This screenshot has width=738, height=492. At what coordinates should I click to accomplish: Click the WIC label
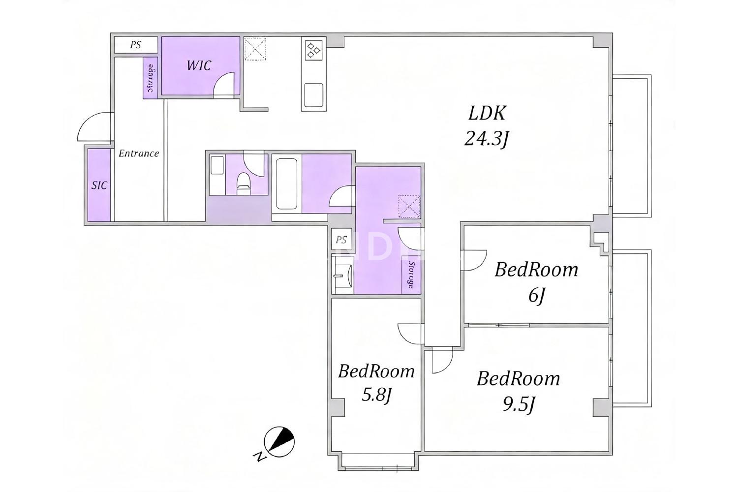tap(199, 65)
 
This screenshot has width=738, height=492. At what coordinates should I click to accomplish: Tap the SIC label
tap(99, 185)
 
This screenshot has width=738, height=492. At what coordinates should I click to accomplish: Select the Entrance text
tap(139, 153)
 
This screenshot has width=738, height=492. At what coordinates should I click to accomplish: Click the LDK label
tap(487, 113)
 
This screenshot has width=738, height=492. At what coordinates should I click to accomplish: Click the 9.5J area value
tap(518, 405)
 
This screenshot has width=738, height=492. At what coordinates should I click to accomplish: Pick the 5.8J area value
tap(376, 395)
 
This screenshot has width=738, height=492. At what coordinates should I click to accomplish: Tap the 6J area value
tap(536, 296)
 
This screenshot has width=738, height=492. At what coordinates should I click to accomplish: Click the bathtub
tap(287, 184)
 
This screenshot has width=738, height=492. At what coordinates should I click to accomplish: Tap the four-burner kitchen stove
tap(313, 50)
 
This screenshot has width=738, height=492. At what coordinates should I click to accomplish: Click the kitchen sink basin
tap(313, 95)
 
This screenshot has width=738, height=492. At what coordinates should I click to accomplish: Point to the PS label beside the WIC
tap(135, 45)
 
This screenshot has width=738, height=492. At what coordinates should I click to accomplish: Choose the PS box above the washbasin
tap(341, 239)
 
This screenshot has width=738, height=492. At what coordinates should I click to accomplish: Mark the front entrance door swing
tap(93, 126)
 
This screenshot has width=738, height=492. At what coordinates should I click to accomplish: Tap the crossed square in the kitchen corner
tap(255, 49)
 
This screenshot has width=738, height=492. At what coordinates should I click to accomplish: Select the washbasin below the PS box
tap(342, 275)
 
